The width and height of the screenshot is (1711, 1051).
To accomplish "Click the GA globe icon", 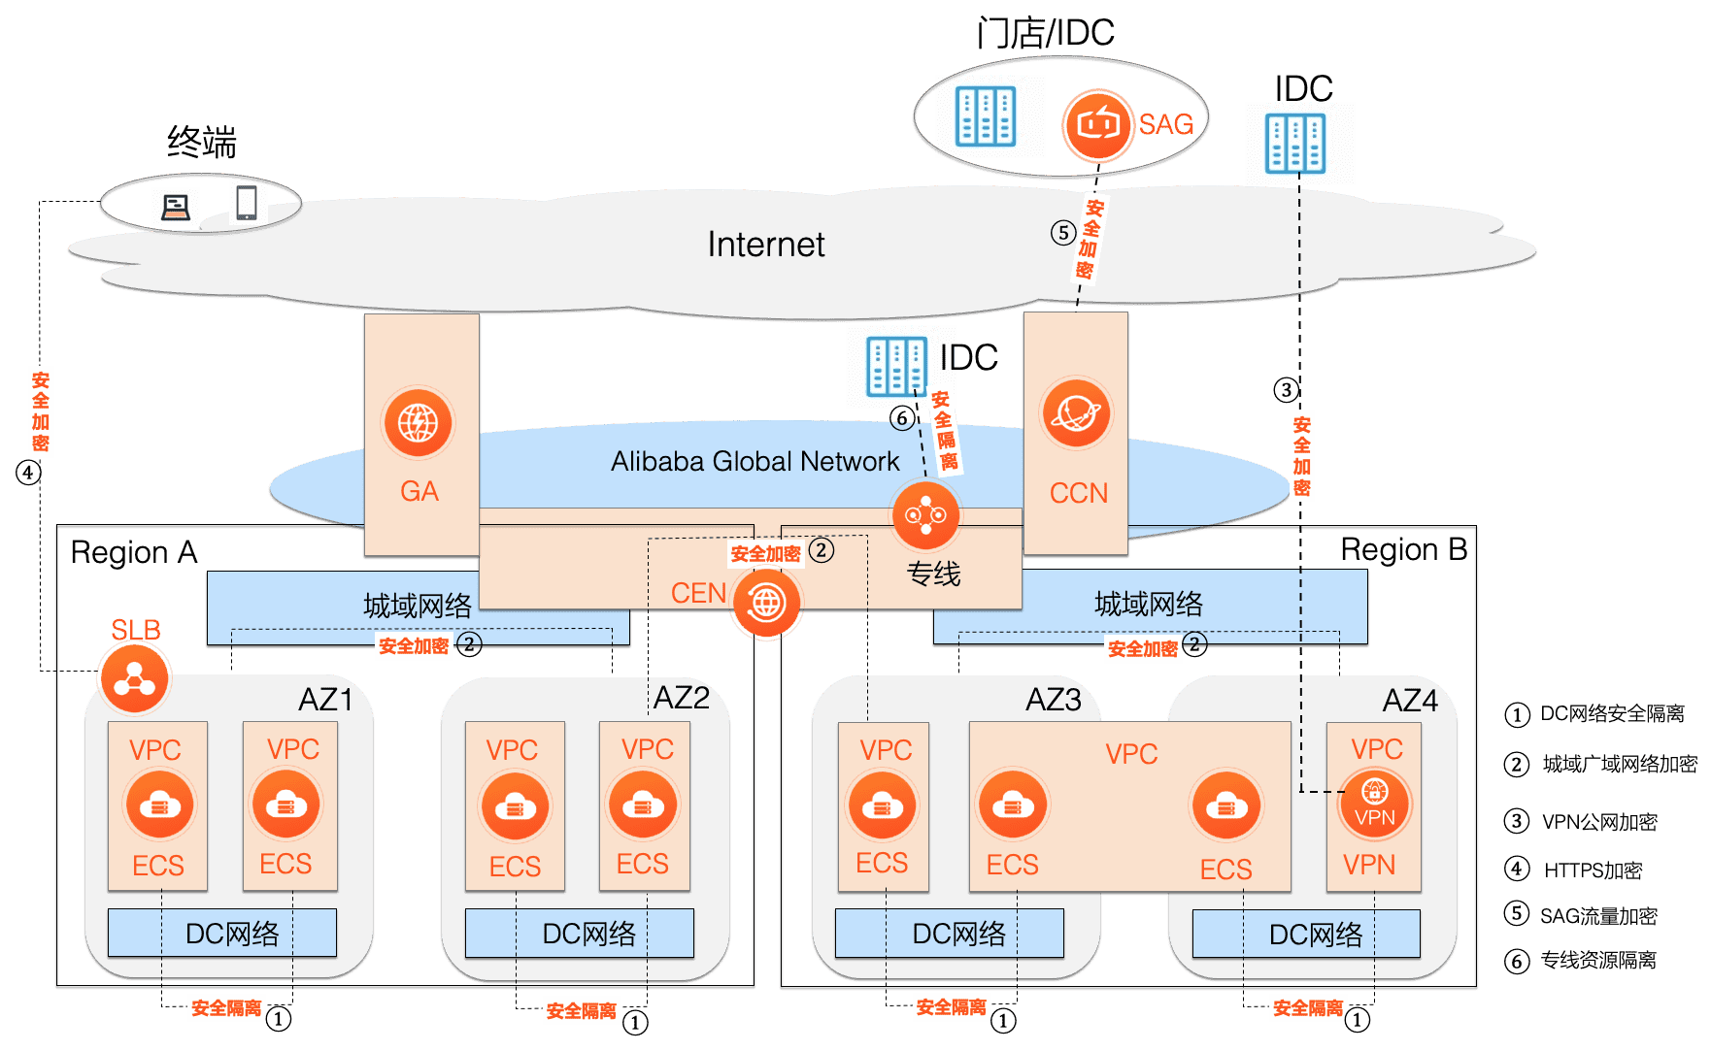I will point(419,423).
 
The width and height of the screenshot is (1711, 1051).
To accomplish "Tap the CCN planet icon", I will point(1076,414).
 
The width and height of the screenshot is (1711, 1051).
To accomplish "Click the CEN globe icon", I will point(767,603).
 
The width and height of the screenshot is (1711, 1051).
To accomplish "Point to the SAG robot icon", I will point(1098,124).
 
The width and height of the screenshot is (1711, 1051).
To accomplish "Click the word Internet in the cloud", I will point(766,245).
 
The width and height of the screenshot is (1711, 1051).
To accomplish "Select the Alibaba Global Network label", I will point(755,461).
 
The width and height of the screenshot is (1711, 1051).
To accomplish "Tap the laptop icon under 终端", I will point(176,207).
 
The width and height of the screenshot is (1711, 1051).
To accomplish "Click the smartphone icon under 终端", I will point(247,202).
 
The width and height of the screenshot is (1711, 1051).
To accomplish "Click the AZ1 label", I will point(325,700).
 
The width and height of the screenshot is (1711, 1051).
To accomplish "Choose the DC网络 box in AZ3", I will point(949,934).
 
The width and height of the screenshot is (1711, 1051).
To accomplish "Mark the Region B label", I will point(1403,550).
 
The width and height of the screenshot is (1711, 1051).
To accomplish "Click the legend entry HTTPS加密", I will point(1593,870).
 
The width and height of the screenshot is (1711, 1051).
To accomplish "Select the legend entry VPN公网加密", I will point(1599,822).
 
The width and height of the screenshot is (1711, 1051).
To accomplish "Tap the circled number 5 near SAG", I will point(1063,233).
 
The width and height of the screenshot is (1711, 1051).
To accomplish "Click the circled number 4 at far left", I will point(28,473).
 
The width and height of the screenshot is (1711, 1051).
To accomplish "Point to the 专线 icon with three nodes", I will point(925,514).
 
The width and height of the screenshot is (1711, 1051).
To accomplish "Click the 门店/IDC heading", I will point(1046,34).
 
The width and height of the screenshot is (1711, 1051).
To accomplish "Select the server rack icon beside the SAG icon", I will point(986,116).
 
